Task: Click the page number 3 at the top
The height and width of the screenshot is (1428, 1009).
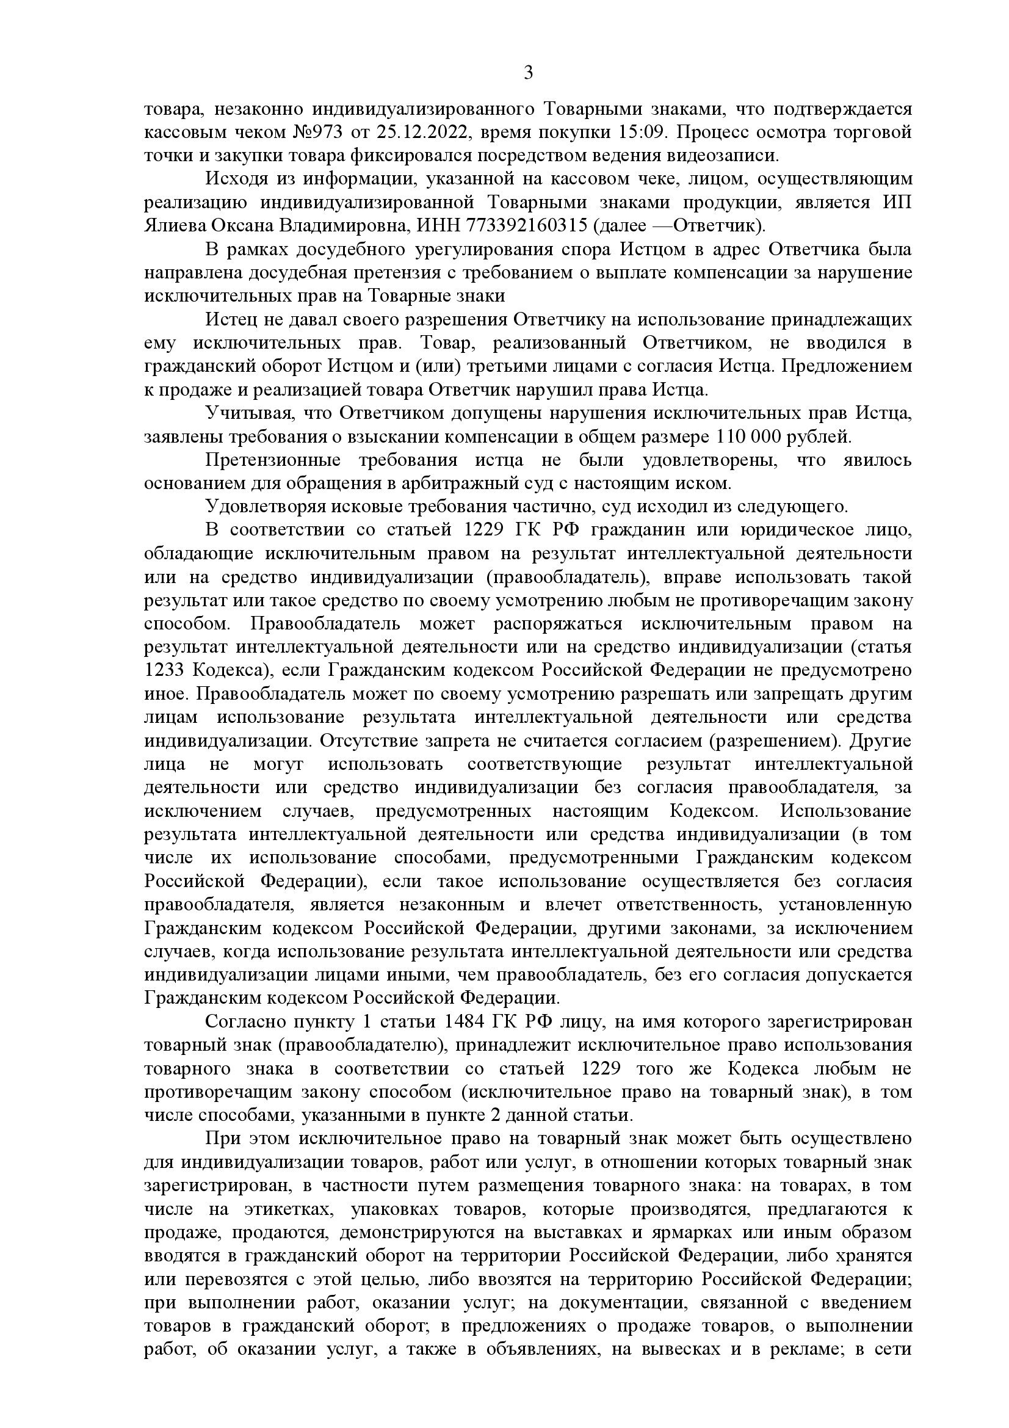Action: point(528,73)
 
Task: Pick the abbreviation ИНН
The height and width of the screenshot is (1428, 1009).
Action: point(435,225)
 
